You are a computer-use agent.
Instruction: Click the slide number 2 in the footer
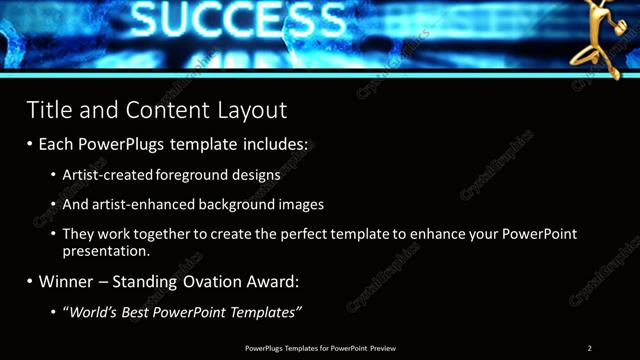(590, 348)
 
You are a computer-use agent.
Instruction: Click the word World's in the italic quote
(96, 313)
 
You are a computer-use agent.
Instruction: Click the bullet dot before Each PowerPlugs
(30, 144)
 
